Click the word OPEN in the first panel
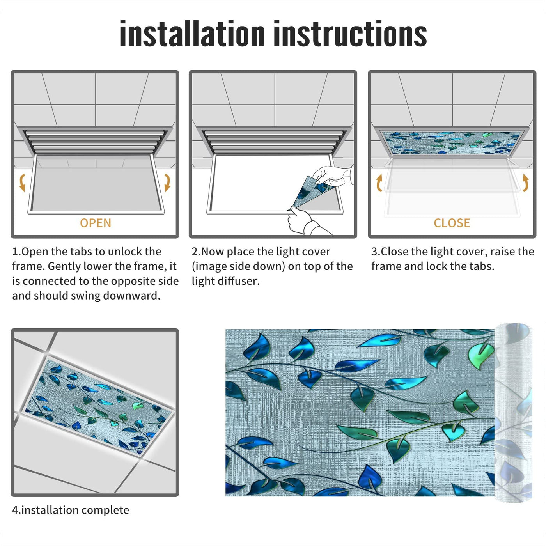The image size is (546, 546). pyautogui.click(x=96, y=223)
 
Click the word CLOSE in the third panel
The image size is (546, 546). pyautogui.click(x=452, y=223)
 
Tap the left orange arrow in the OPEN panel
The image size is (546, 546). pyautogui.click(x=22, y=183)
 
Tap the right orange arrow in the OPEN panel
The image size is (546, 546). pyautogui.click(x=167, y=183)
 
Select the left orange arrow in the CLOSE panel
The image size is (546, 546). pyautogui.click(x=379, y=183)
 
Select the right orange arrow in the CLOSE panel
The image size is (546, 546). pyautogui.click(x=526, y=183)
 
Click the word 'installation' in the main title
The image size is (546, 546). pyautogui.click(x=192, y=34)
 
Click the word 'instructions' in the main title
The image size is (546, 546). pyautogui.click(x=350, y=34)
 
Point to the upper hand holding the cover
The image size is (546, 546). pyautogui.click(x=334, y=175)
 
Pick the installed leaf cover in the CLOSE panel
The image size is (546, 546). pyautogui.click(x=452, y=143)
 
